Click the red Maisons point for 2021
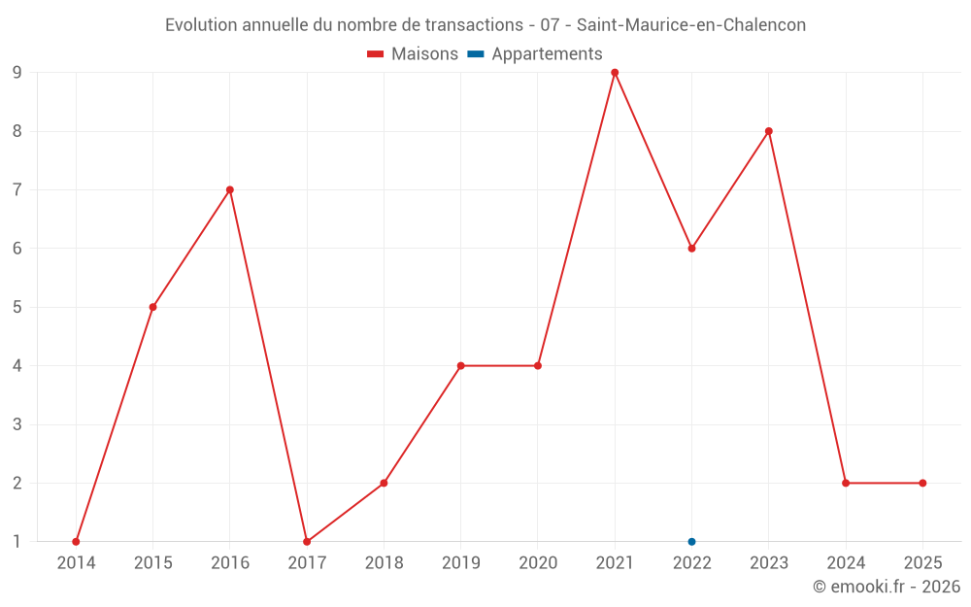(615, 72)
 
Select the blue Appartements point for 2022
(691, 542)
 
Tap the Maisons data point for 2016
(230, 189)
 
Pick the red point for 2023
(768, 131)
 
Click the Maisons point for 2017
(307, 542)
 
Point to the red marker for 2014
(76, 542)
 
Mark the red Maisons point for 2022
(691, 249)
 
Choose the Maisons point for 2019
(460, 366)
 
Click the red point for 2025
(922, 483)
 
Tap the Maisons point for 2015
(152, 307)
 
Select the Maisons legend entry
(413, 54)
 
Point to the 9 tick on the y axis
(17, 72)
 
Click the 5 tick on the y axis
(17, 307)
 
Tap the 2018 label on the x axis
(384, 563)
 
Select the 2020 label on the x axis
(537, 563)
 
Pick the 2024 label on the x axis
(846, 563)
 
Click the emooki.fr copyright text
(886, 587)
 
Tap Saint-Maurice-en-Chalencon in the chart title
(691, 25)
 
